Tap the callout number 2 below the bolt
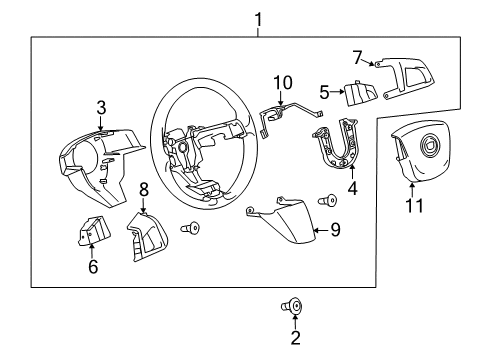point(295,339)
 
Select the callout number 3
point(100,108)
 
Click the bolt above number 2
point(295,304)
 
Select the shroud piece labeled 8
point(146,236)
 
